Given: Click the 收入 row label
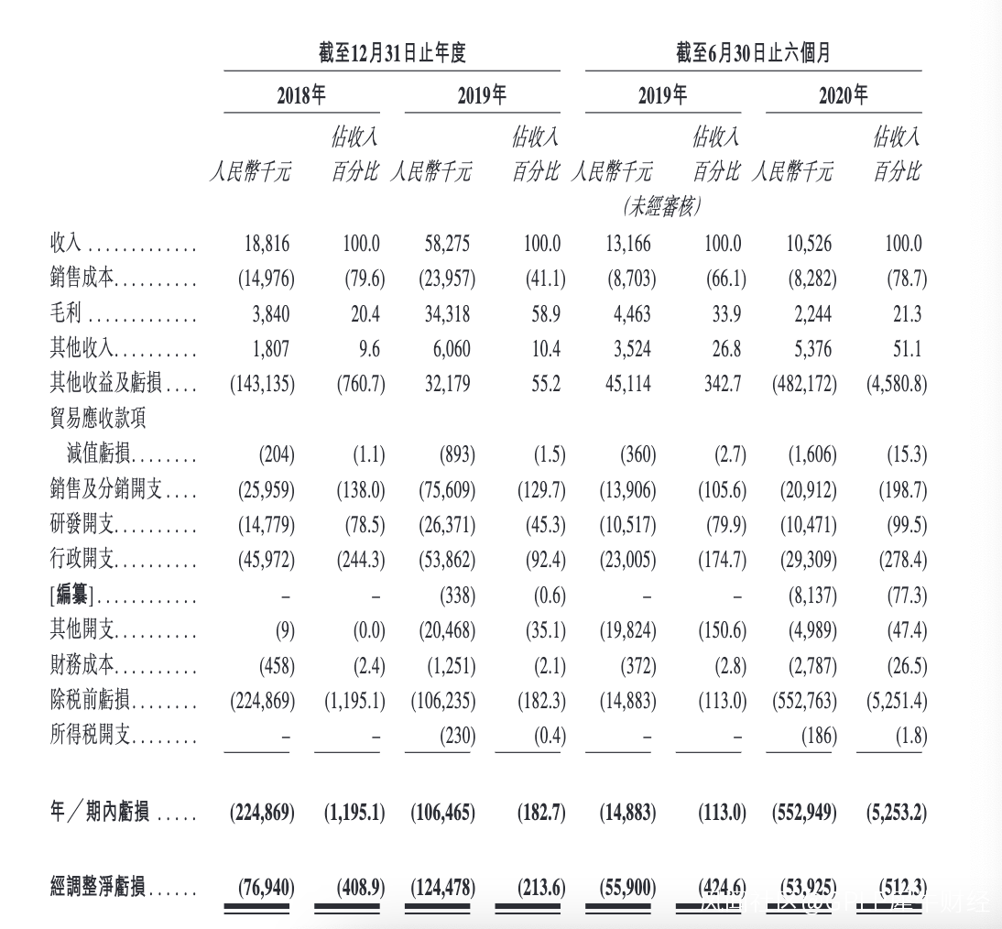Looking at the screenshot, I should (x=66, y=244).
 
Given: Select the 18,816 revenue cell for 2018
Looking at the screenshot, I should (x=267, y=244).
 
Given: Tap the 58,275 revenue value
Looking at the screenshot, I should (x=447, y=244).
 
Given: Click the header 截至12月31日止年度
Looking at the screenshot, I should (x=392, y=53).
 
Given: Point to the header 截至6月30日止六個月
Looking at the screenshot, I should (x=753, y=53).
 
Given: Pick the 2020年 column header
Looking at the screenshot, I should (x=843, y=95).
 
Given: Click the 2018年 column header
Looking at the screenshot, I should (x=301, y=95).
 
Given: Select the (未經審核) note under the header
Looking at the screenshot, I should (x=662, y=207).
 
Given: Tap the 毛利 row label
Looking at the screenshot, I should (x=66, y=314).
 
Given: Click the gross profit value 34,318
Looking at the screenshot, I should (x=447, y=314).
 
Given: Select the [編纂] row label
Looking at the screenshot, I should (x=71, y=596).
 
